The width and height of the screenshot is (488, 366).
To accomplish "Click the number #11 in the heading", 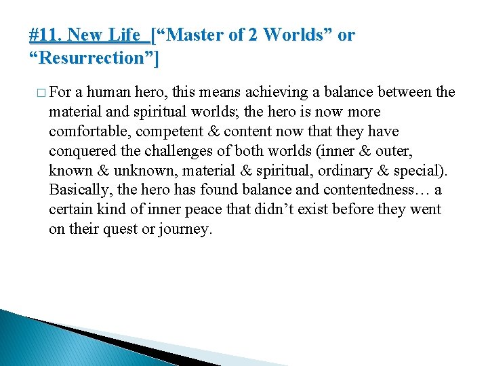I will click(x=46, y=35).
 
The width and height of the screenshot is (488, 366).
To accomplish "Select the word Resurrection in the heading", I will click(x=94, y=58).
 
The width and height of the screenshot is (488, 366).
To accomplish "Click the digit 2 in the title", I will click(x=253, y=35).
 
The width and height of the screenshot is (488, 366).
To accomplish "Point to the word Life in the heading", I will click(x=125, y=35).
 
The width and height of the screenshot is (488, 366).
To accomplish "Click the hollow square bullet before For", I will click(x=41, y=93).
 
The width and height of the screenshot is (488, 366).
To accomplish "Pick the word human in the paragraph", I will click(x=110, y=92).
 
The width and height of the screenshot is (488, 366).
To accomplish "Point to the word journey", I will click(x=184, y=230).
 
